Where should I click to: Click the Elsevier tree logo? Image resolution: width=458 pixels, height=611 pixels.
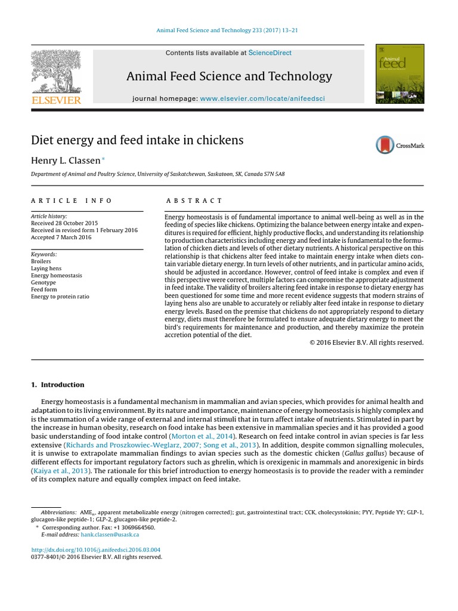(x=55, y=71)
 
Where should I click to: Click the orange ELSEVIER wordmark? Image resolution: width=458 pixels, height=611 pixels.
(x=56, y=100)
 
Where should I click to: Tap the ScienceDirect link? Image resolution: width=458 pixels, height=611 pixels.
(x=270, y=53)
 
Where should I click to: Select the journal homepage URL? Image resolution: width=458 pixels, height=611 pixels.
(x=262, y=98)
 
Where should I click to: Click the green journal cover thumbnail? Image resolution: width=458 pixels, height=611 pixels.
(x=400, y=73)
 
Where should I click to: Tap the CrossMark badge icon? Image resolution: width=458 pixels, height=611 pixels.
(x=386, y=145)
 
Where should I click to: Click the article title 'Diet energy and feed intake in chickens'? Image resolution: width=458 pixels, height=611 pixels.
(x=137, y=140)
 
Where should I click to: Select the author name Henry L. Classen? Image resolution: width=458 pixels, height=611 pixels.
(x=66, y=160)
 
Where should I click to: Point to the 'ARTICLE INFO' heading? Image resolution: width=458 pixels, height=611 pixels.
(x=72, y=201)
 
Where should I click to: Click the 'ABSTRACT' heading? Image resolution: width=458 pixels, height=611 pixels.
(x=194, y=201)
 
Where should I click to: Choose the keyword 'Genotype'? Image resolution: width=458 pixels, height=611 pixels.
(x=44, y=283)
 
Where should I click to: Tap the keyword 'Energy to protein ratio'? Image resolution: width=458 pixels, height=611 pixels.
(x=60, y=297)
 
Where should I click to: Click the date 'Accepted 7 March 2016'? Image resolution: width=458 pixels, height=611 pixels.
(x=61, y=237)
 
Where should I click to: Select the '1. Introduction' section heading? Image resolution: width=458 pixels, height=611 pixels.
(x=58, y=385)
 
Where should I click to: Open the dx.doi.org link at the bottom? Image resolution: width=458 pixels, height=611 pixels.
(x=95, y=550)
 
